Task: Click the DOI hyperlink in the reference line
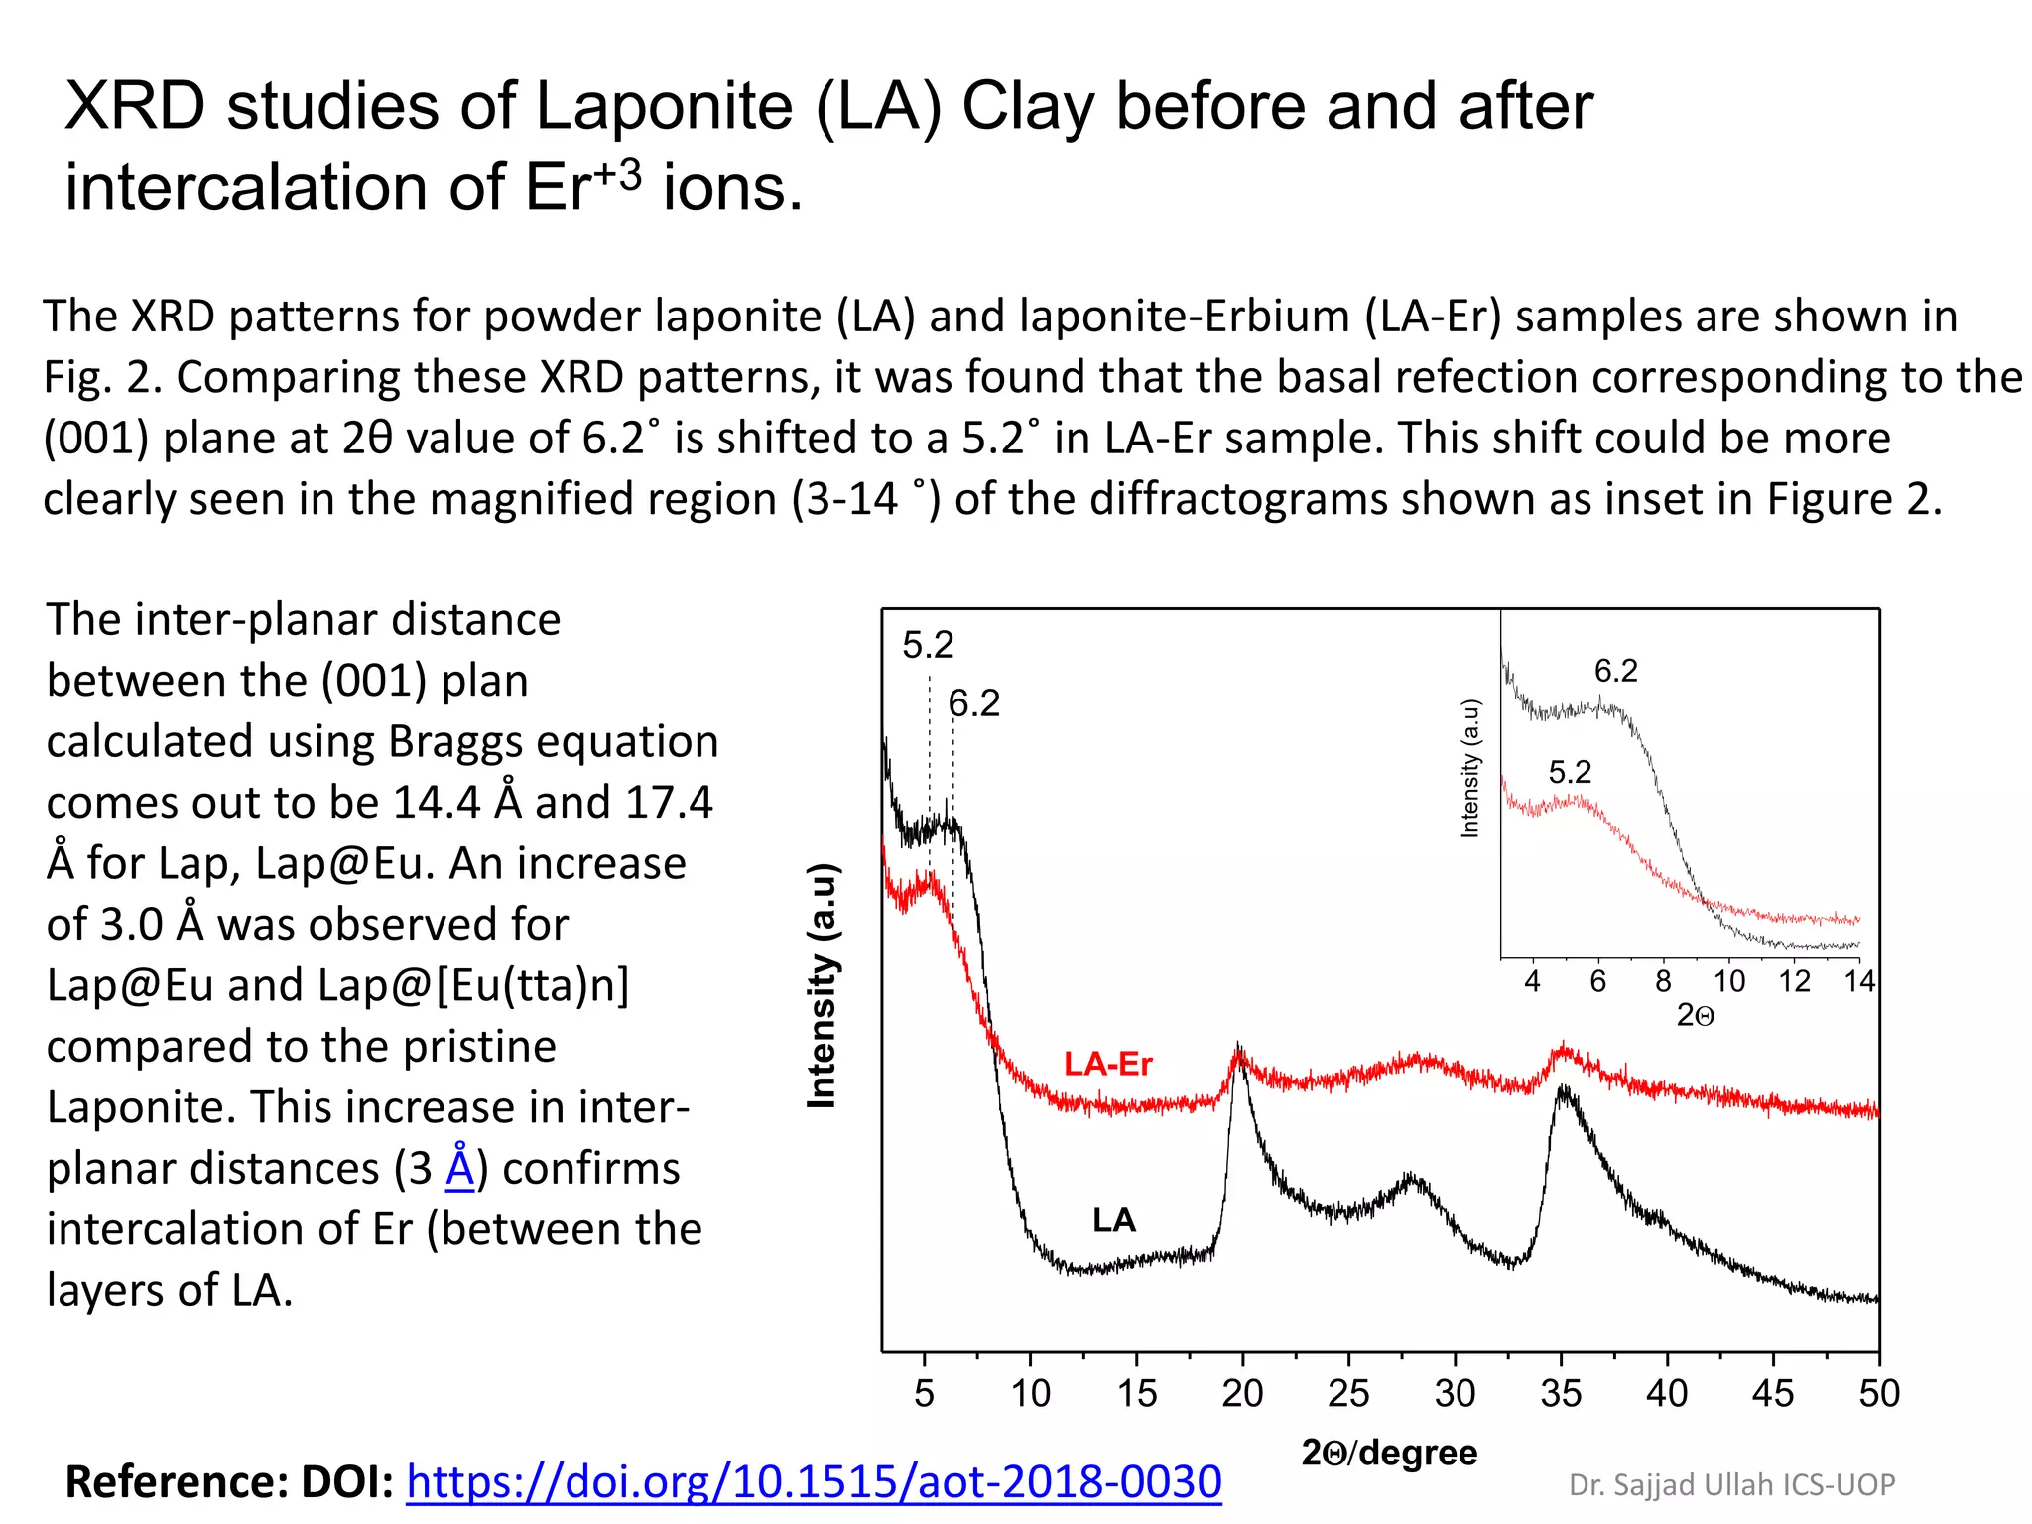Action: click(x=814, y=1481)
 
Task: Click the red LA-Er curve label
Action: click(x=1107, y=1064)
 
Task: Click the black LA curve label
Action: click(x=1113, y=1219)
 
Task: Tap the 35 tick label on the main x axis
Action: click(x=1561, y=1393)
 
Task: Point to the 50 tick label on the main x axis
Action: click(x=1878, y=1393)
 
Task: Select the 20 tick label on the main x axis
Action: click(x=1242, y=1393)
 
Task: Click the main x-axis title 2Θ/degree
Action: click(x=1389, y=1452)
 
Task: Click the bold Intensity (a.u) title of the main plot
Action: click(x=823, y=985)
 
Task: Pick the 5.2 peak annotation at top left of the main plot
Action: click(x=928, y=645)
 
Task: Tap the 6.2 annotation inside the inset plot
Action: click(x=1615, y=671)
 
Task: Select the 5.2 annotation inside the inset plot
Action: click(x=1570, y=771)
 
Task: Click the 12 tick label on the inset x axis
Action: click(x=1794, y=981)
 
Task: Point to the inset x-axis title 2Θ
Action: click(x=1695, y=1015)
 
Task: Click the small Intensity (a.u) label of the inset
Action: click(x=1470, y=769)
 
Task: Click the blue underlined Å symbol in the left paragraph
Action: click(x=460, y=1167)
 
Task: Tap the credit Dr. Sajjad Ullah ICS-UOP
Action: click(x=1731, y=1484)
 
